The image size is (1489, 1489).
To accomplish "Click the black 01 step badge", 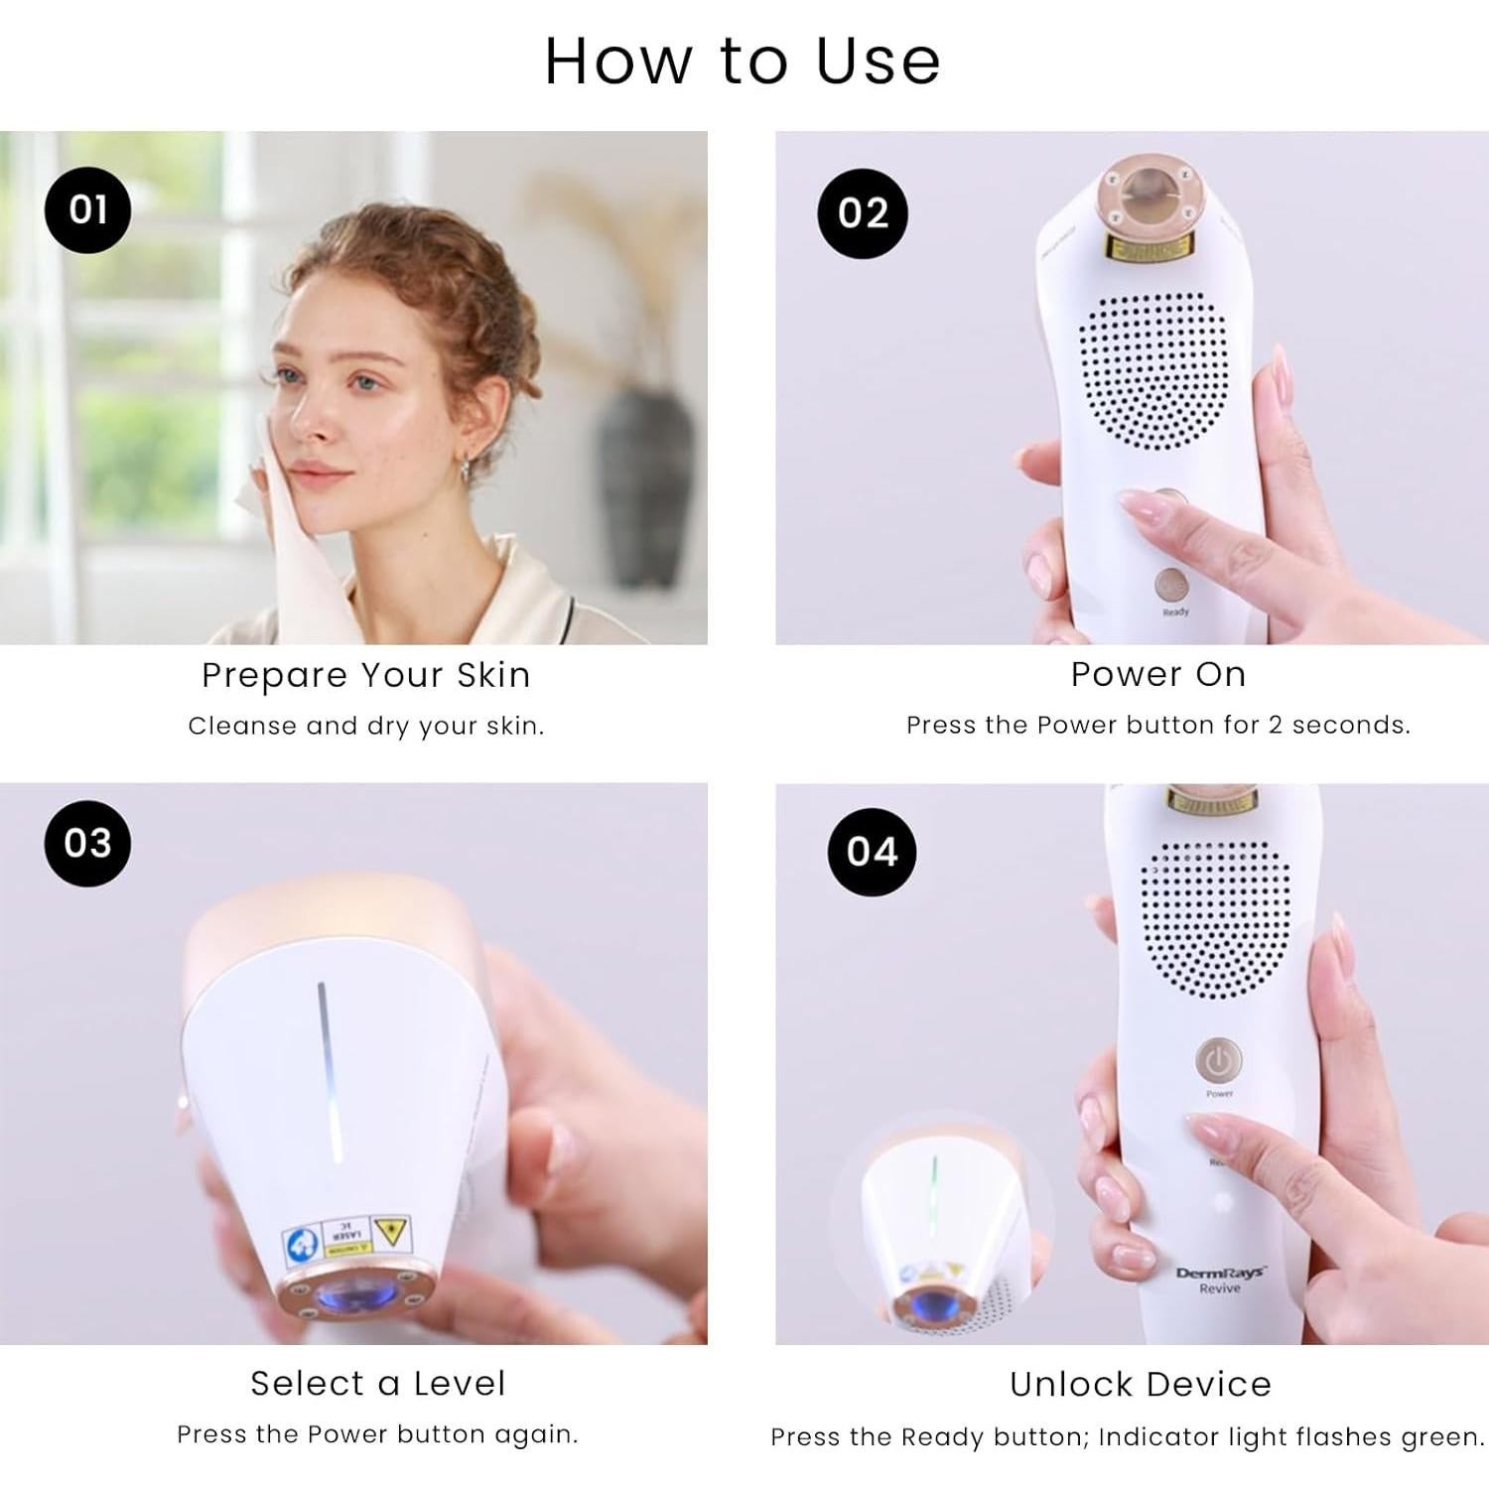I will [87, 209].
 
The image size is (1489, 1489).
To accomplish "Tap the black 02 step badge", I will [862, 213].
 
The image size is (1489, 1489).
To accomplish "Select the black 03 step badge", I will [87, 843].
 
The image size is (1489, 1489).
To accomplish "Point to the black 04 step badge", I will [872, 852].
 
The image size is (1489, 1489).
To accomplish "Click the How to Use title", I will [743, 62].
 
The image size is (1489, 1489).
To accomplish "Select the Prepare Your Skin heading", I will [365, 675].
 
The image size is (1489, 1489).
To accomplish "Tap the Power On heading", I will [1157, 674].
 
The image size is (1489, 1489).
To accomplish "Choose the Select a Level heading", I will [377, 1383].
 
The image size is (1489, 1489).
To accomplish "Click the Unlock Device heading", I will [1141, 1384].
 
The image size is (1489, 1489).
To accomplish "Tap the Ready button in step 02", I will [1170, 586].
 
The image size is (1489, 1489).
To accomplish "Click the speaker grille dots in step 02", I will [1151, 372].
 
